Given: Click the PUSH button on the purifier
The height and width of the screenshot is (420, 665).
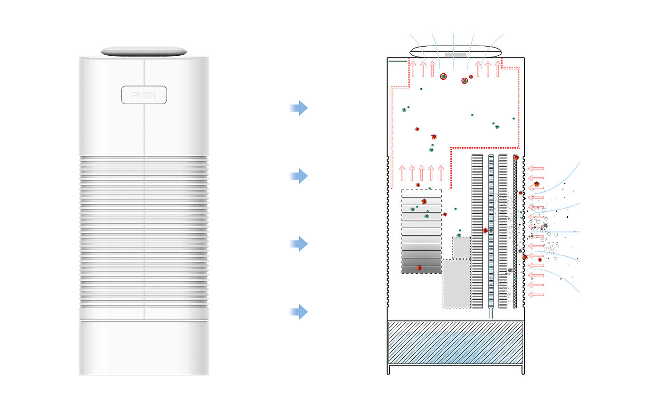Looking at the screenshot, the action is (x=144, y=95).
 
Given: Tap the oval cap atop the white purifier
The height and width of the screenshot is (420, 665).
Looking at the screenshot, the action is (x=144, y=51).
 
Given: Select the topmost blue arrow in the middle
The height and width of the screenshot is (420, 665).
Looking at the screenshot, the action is (x=299, y=108).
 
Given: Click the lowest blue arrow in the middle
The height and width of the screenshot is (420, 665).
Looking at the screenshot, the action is (x=299, y=312).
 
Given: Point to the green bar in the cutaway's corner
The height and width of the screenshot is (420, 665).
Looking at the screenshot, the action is (x=398, y=61).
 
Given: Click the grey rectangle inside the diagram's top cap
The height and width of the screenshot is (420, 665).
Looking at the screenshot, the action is (x=456, y=55).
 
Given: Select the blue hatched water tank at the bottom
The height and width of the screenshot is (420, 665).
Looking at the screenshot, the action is (x=456, y=343).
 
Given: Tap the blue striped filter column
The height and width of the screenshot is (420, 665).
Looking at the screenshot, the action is (x=491, y=231).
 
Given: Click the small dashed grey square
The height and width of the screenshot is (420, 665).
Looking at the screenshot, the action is (x=461, y=248).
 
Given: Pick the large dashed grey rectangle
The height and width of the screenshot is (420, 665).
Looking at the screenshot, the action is (x=456, y=284).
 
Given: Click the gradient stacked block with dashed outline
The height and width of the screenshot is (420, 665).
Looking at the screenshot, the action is (x=421, y=231).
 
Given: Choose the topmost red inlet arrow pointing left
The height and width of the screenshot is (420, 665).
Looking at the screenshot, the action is (x=536, y=168).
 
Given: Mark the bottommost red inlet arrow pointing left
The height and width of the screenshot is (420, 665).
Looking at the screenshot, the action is (x=536, y=295).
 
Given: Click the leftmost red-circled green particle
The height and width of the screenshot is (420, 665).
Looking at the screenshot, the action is (x=443, y=76).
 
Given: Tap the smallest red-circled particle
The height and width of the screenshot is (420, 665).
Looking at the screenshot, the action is (x=471, y=76).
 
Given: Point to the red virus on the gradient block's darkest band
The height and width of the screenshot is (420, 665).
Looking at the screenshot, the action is (x=419, y=268).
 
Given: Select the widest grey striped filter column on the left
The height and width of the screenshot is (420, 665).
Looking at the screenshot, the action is (x=477, y=231).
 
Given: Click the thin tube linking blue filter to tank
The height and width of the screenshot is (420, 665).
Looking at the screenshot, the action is (x=491, y=313).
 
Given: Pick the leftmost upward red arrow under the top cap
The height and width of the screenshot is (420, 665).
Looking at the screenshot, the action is (x=413, y=69).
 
